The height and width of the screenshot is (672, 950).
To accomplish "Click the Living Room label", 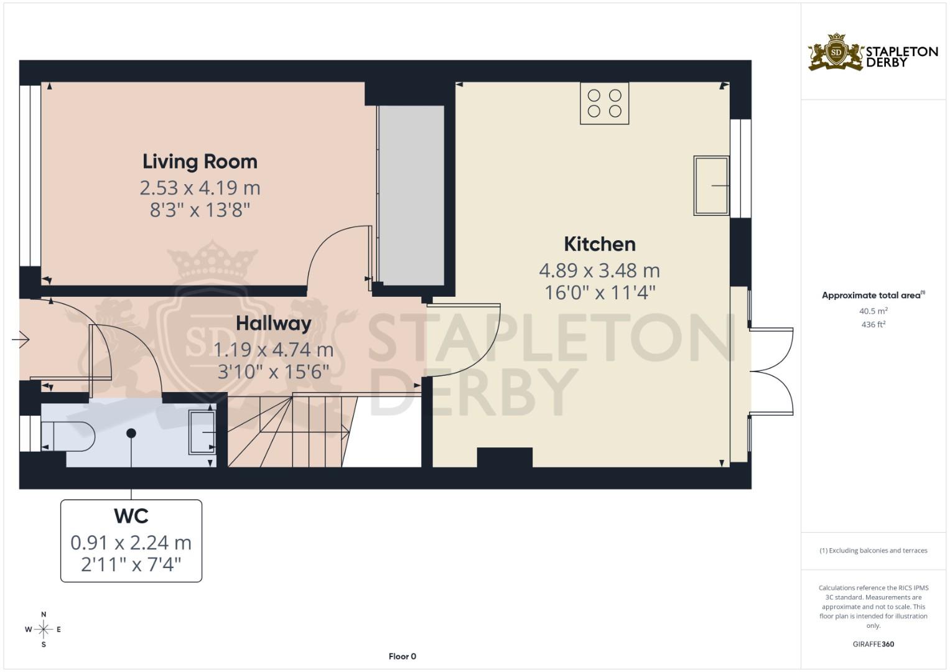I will (200, 162).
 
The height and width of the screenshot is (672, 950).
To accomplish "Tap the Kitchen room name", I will (600, 244).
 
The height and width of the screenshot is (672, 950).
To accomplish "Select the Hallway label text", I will (273, 324).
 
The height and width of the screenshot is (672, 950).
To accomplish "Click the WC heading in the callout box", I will (131, 516).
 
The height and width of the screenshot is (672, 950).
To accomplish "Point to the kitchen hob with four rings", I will (604, 103).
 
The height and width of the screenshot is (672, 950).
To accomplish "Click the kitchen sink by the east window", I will (711, 185).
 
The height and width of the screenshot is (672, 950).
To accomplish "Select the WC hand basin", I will (203, 432).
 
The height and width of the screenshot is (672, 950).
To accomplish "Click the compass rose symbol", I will (44, 630).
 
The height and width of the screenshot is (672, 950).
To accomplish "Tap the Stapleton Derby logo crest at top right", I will (836, 53).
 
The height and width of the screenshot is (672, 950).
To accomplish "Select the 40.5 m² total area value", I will (873, 311).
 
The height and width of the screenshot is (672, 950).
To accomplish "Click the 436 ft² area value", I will (873, 325).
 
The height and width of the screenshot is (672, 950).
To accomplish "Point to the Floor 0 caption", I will (403, 656).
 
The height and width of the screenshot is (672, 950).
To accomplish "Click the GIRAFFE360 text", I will (873, 644).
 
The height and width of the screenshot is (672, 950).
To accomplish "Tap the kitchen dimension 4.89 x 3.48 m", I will (599, 271).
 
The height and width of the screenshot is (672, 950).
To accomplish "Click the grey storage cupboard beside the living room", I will (411, 195).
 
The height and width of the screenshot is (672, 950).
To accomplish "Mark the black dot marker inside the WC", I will (131, 433).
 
